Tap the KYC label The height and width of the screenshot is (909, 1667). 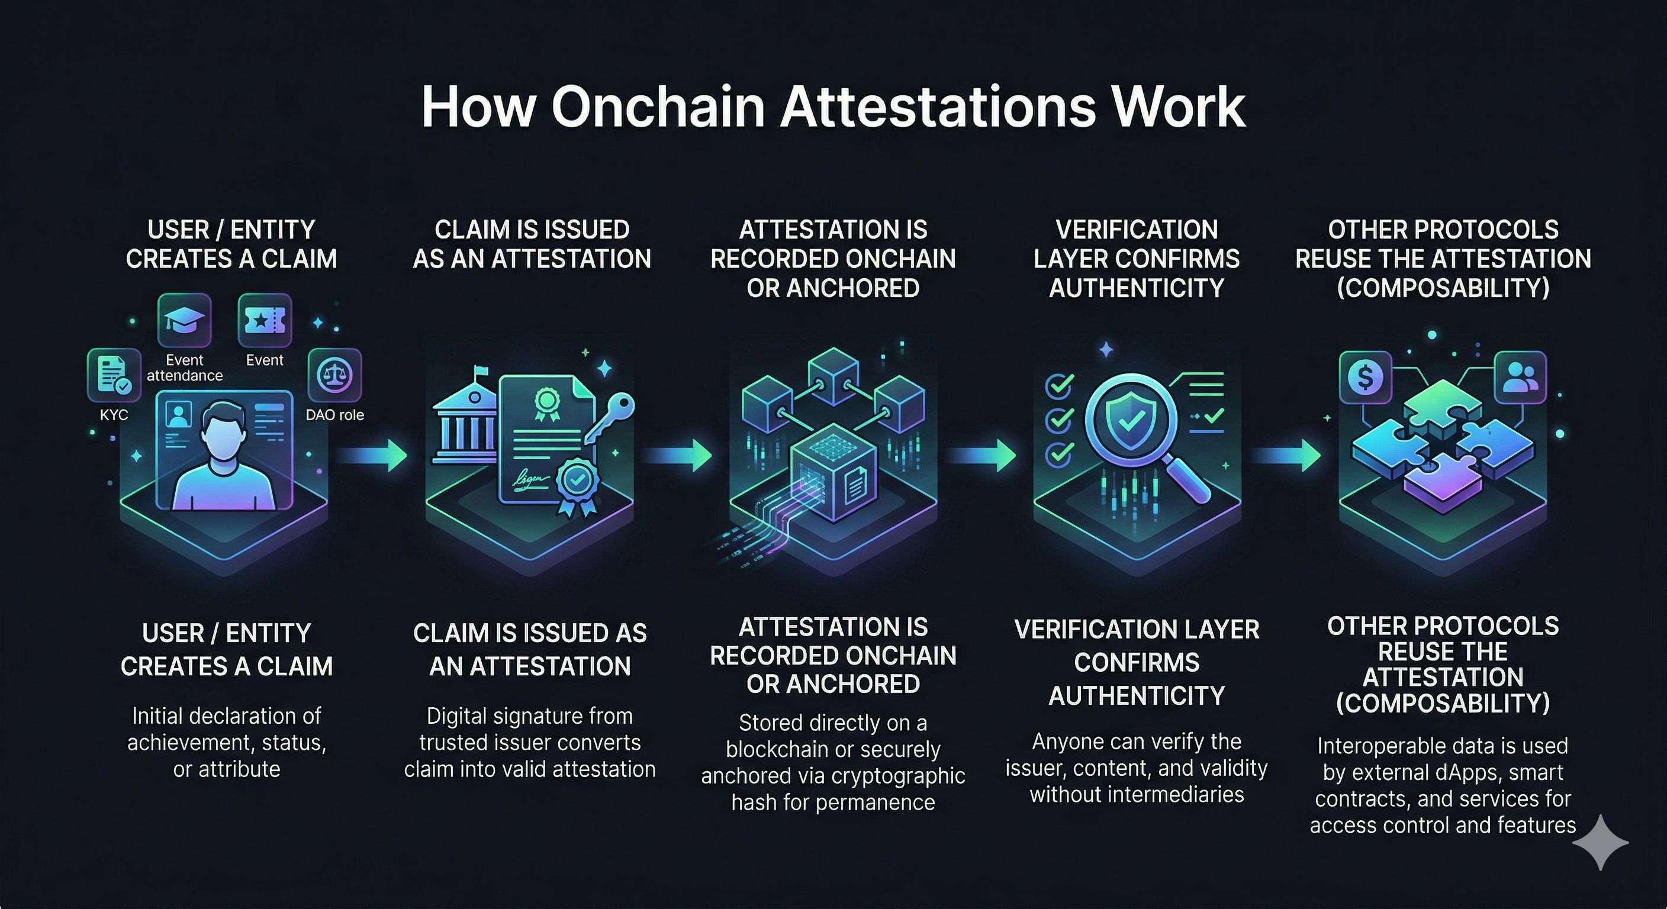point(114,415)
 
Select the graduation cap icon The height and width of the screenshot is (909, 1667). point(185,320)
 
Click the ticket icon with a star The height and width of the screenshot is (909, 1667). point(265,320)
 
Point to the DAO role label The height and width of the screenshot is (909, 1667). point(334,415)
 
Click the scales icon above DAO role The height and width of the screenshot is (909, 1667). point(334,375)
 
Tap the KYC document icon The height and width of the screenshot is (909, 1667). point(114,375)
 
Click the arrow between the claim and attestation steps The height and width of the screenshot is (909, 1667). point(374,456)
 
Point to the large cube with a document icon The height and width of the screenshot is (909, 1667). point(833,472)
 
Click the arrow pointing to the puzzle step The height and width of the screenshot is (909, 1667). point(1286,456)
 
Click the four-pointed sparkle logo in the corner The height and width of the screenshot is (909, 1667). point(1600,842)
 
